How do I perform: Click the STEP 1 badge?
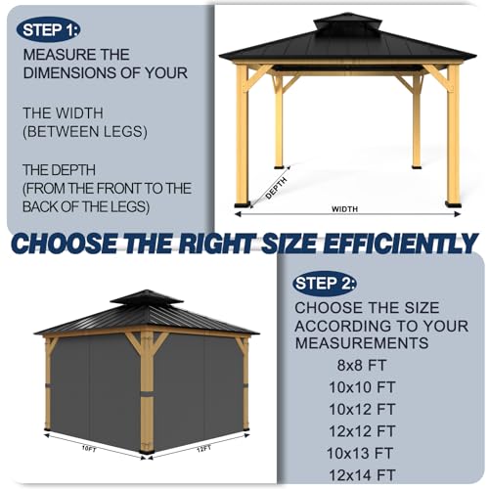pyautogui.click(x=48, y=30)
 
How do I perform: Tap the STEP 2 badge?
pyautogui.click(x=325, y=284)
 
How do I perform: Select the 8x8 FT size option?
pyautogui.click(x=361, y=365)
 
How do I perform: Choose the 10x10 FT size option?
pyautogui.click(x=362, y=387)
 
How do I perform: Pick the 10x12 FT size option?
pyautogui.click(x=362, y=409)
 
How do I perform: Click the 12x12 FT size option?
pyautogui.click(x=362, y=431)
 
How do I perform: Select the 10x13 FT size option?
pyautogui.click(x=360, y=453)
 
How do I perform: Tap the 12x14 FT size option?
pyautogui.click(x=362, y=475)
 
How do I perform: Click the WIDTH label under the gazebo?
pyautogui.click(x=344, y=209)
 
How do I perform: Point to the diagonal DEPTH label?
pyautogui.click(x=276, y=188)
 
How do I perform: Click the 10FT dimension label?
pyautogui.click(x=89, y=449)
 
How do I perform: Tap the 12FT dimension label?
pyautogui.click(x=203, y=449)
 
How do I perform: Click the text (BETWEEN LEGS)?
pyautogui.click(x=85, y=131)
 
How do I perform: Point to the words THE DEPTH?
pyautogui.click(x=59, y=170)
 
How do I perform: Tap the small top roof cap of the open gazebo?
pyautogui.click(x=347, y=22)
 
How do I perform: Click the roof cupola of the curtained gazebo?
pyautogui.click(x=147, y=297)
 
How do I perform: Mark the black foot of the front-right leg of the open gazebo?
pyautogui.click(x=454, y=204)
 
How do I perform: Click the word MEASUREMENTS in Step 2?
pyautogui.click(x=362, y=343)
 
